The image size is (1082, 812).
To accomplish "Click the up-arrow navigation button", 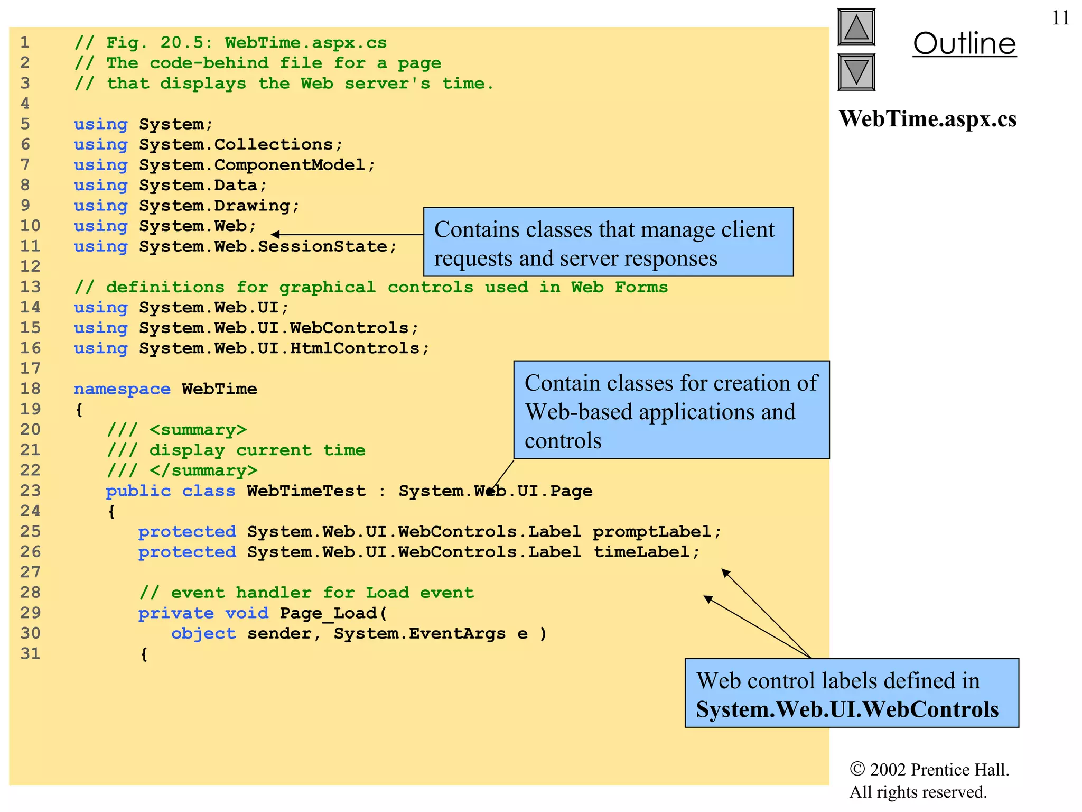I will pos(856,27).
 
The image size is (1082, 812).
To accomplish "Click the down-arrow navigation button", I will pos(856,72).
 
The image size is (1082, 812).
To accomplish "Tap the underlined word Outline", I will pos(964,43).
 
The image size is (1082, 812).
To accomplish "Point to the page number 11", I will pos(1060,18).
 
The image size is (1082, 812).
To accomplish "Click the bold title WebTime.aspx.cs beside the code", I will pos(927,119).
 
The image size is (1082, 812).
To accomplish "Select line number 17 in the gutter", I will pos(30,368).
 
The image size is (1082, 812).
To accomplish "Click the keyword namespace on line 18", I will pos(122,389).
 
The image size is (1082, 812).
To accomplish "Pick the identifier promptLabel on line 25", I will pos(652,531).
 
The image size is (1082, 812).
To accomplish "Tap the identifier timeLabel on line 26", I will pos(641,552).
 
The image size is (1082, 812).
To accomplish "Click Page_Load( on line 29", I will pos(333,613).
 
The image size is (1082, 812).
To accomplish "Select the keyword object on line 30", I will pos(203,633).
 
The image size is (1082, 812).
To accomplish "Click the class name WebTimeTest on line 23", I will pos(306,491).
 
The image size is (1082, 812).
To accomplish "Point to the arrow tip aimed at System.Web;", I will pos(274,234).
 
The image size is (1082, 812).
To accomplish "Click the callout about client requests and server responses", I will pos(608,243).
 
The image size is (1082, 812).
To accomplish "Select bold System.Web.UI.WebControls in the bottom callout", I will pos(847,709).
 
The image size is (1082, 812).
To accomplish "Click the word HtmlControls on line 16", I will pos(355,348).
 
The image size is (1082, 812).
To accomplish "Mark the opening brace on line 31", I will pos(144,654).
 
